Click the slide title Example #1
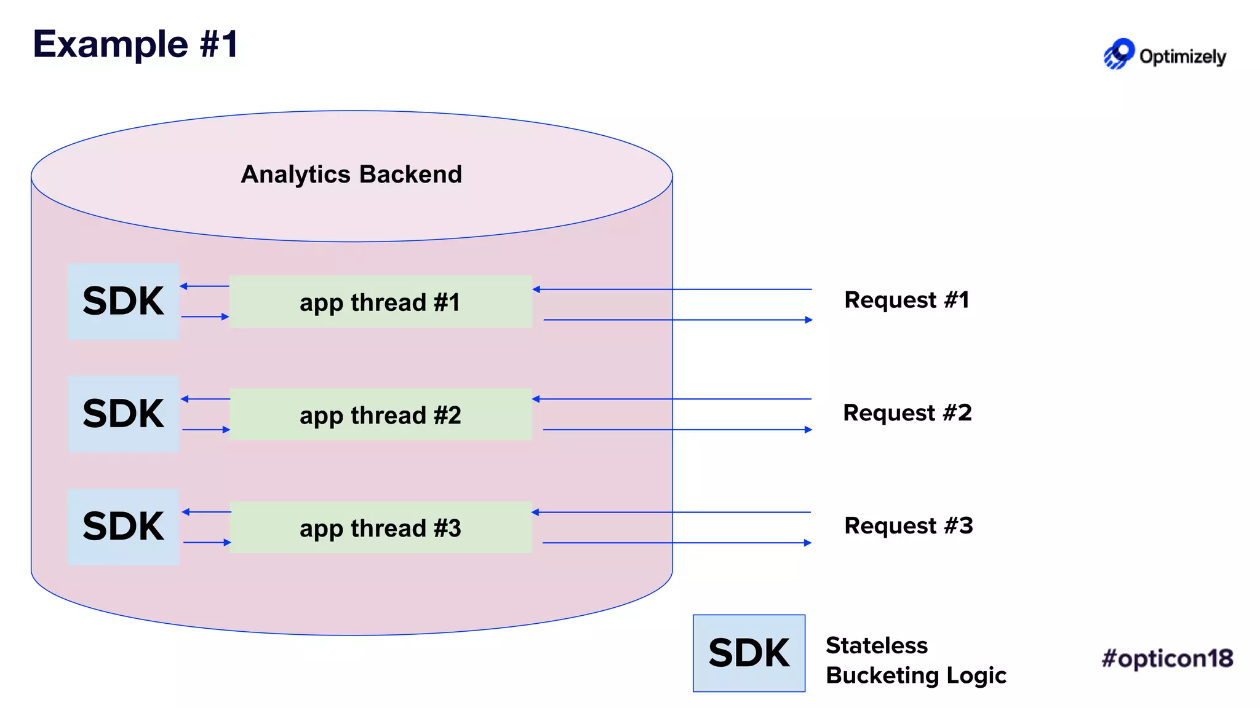click(135, 44)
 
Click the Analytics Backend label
click(351, 175)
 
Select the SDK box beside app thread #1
click(124, 301)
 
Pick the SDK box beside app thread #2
click(124, 414)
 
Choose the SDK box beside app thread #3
click(124, 527)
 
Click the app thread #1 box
click(380, 302)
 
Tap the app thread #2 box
click(380, 415)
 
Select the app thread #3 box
click(380, 528)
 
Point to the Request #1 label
click(907, 300)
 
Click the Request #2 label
click(907, 413)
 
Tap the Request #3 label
click(909, 526)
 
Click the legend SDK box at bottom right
click(749, 653)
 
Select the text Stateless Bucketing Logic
click(915, 661)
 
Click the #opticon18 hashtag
click(1167, 658)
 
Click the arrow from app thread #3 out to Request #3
click(677, 543)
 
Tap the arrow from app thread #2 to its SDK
click(205, 399)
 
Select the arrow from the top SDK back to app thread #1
click(205, 317)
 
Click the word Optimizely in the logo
click(1182, 57)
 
